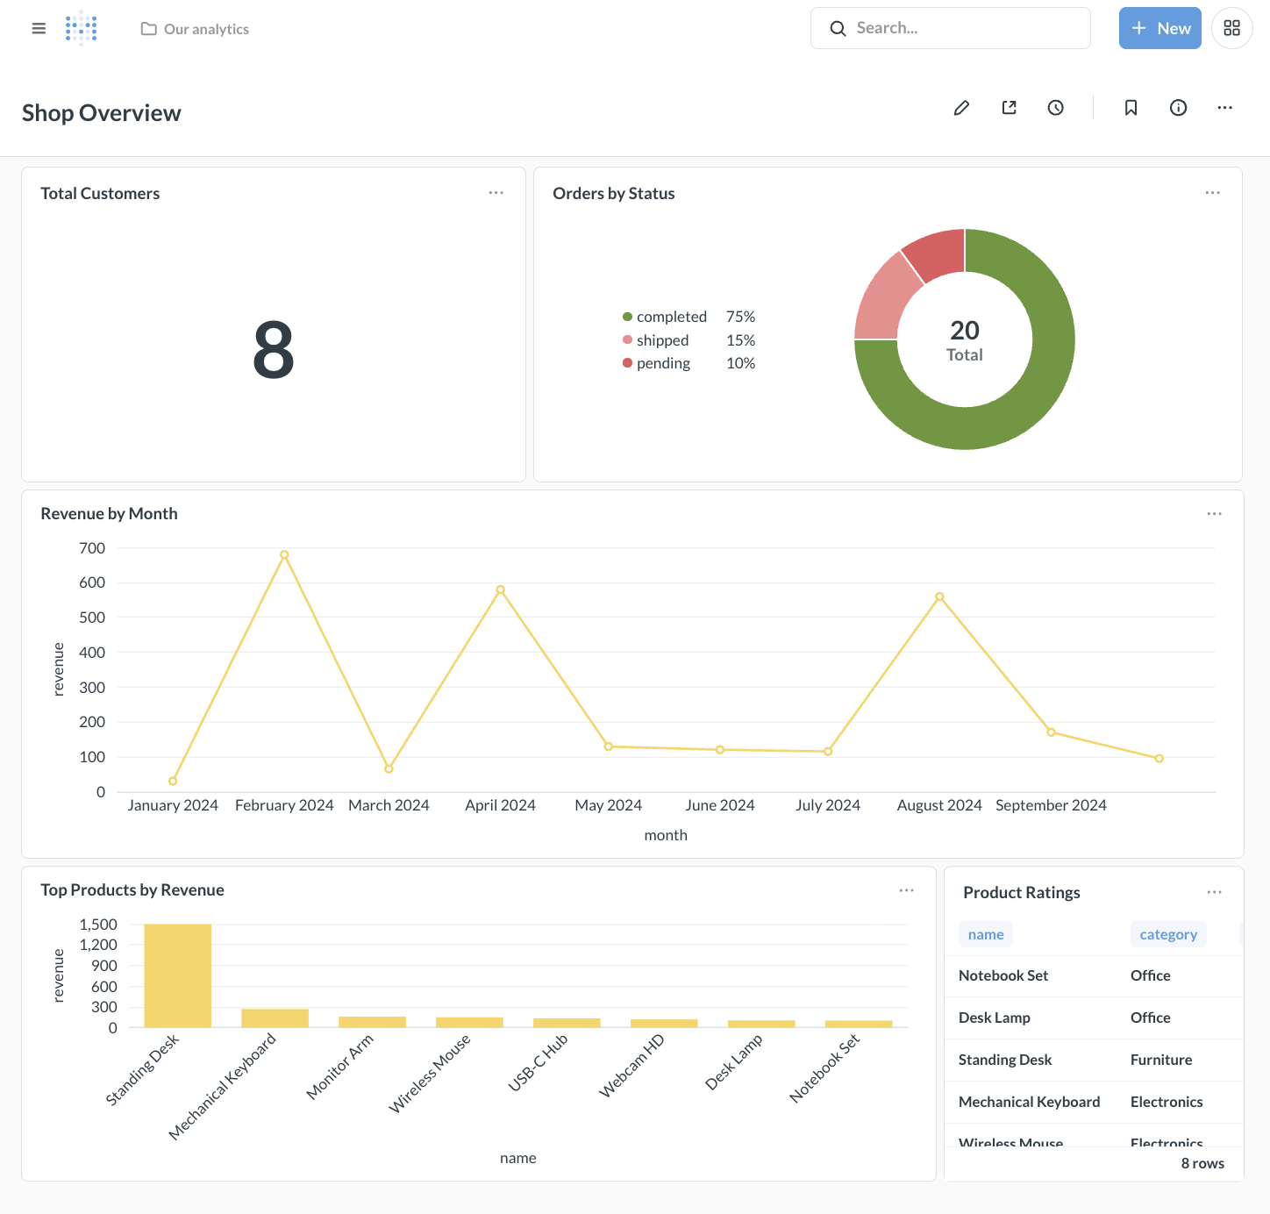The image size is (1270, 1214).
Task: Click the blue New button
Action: click(x=1159, y=28)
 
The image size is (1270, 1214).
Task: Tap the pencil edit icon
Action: click(x=961, y=108)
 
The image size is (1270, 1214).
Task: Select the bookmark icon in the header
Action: click(x=1131, y=108)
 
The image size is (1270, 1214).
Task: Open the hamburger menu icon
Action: click(x=39, y=29)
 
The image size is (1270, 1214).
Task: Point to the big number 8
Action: click(x=274, y=350)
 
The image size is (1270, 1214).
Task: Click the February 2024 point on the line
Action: click(x=284, y=555)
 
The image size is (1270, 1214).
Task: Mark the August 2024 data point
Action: click(x=939, y=596)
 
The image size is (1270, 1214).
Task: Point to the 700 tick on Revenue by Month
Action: click(x=92, y=548)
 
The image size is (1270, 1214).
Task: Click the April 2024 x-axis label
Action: click(x=500, y=805)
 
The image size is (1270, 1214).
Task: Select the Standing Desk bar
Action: click(x=177, y=975)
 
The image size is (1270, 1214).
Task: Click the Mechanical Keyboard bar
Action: click(x=275, y=1018)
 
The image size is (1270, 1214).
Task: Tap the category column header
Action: click(x=1167, y=934)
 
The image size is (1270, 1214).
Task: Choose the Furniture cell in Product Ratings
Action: click(x=1160, y=1060)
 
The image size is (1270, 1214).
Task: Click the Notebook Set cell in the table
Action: click(x=1003, y=975)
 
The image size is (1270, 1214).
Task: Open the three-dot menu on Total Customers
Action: click(x=496, y=193)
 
